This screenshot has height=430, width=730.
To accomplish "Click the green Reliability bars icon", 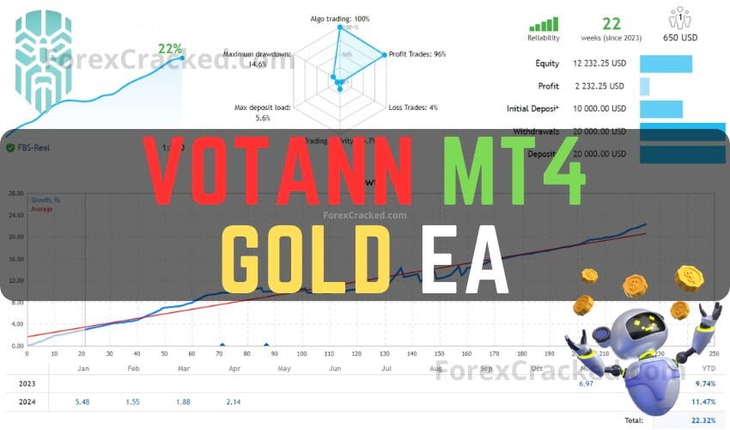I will (x=543, y=24).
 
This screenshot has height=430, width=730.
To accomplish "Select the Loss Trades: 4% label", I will (x=413, y=107).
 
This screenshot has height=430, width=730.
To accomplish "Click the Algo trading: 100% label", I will (x=339, y=18).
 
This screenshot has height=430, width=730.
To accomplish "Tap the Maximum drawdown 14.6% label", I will (x=257, y=58).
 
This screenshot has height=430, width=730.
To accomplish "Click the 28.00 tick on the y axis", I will (x=15, y=193).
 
